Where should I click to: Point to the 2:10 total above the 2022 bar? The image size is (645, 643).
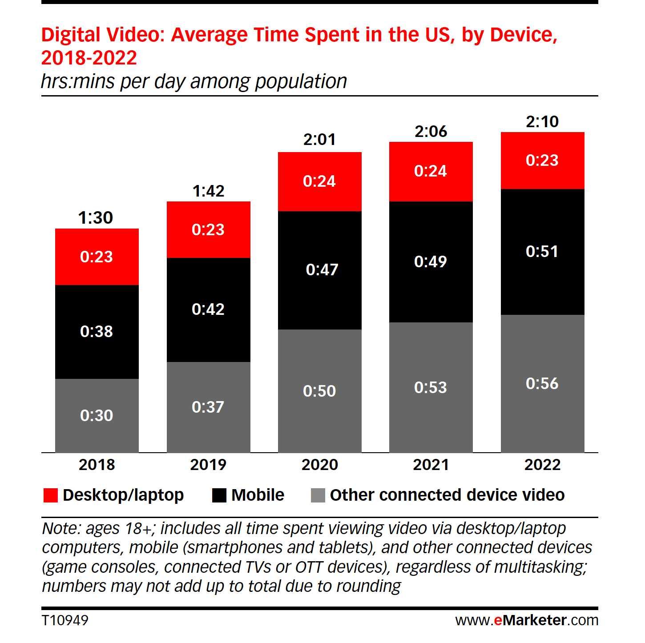(542, 121)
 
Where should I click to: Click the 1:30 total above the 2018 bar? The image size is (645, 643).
(96, 217)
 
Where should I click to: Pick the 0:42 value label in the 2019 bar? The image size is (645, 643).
(208, 309)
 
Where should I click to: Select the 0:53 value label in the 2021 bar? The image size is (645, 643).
(430, 387)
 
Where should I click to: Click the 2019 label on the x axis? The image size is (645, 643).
(208, 465)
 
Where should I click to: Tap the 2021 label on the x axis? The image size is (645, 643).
(431, 465)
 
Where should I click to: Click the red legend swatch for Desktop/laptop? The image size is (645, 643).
(50, 495)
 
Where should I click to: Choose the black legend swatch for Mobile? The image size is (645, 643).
(219, 495)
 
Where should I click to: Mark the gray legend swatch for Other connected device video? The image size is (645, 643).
(318, 495)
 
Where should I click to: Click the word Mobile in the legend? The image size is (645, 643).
(258, 495)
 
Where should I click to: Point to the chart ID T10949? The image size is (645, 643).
(65, 620)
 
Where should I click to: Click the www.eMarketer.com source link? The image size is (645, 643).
(527, 620)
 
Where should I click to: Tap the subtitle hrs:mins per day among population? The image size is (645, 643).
(193, 81)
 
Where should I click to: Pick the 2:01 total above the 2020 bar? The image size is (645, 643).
(319, 139)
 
